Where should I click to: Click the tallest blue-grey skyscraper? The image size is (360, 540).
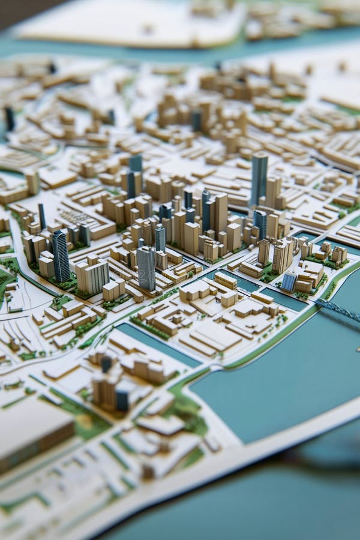[259, 177]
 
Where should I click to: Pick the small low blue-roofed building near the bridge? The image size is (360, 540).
[289, 281]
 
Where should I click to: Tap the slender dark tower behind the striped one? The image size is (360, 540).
[42, 216]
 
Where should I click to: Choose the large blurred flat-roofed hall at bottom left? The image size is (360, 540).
[33, 432]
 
